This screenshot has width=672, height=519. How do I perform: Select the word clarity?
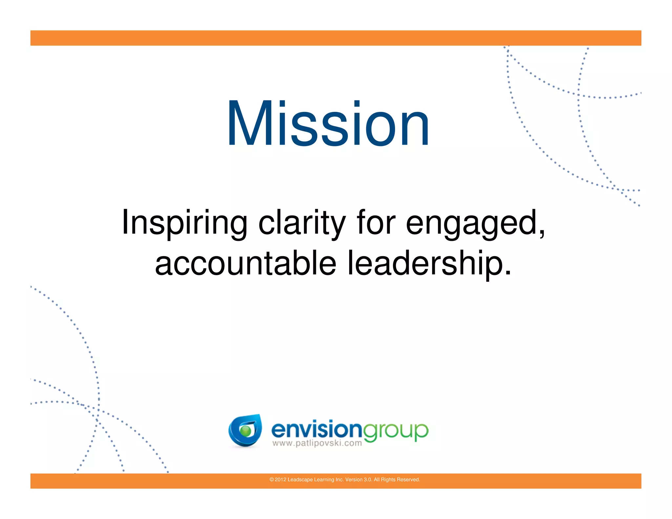click(302, 223)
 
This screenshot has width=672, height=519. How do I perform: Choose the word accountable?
click(245, 263)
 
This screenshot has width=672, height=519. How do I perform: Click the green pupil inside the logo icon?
click(245, 431)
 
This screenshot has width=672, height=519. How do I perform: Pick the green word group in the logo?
click(395, 431)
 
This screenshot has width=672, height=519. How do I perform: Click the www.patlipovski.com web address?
click(317, 444)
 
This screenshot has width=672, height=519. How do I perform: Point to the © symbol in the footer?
click(271, 480)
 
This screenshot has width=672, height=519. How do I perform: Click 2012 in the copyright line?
click(280, 480)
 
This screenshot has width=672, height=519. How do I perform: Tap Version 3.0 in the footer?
click(358, 480)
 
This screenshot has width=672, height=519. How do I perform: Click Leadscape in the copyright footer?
click(300, 480)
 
